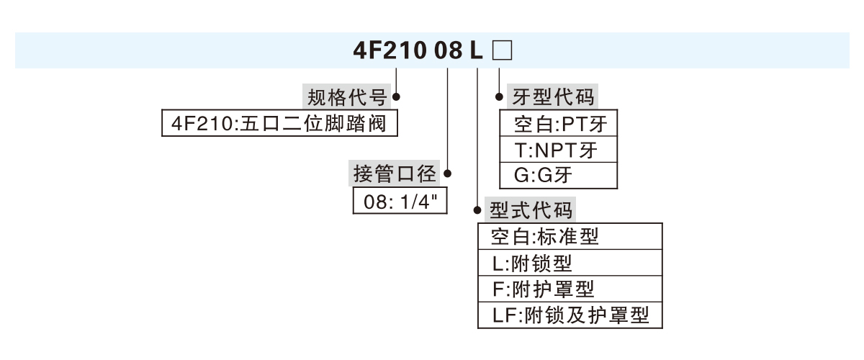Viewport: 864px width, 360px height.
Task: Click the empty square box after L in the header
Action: (501, 51)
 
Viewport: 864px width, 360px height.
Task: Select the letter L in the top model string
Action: (477, 51)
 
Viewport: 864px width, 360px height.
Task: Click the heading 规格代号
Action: (348, 96)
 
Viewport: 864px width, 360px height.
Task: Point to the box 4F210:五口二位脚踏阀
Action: (280, 123)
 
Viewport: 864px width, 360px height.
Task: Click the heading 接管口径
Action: (395, 173)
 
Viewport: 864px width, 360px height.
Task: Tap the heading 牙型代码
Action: (553, 96)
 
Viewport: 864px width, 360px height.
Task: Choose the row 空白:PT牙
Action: (559, 124)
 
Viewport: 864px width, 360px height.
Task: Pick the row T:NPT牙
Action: (559, 150)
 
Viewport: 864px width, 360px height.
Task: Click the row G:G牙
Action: (559, 175)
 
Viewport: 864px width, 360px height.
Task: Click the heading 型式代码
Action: (531, 210)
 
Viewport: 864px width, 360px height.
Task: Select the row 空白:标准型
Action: (570, 236)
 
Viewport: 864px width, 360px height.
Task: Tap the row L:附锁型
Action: (570, 262)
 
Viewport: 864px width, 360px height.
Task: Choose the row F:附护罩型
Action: (570, 289)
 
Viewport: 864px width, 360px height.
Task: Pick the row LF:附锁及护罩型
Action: (570, 315)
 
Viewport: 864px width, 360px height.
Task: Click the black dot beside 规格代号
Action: (395, 96)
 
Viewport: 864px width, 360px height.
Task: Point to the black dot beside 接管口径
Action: (448, 173)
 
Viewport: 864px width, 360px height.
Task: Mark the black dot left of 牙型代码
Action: (499, 96)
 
